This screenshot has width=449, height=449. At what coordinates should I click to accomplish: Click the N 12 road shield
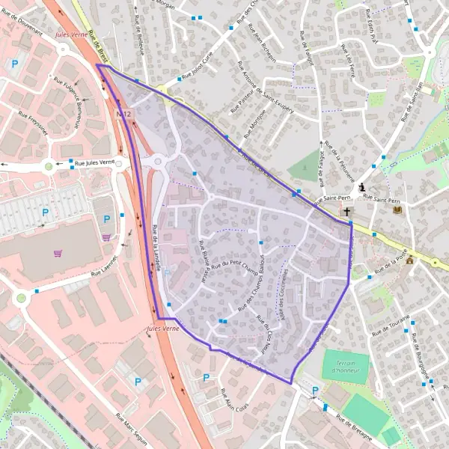[x=125, y=114]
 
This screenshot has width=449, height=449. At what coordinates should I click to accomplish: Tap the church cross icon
[x=346, y=212]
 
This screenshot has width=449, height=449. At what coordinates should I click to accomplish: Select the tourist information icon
[x=362, y=186]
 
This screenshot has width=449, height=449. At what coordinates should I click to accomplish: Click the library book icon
[x=397, y=211]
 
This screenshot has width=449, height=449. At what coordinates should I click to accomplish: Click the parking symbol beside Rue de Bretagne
[x=314, y=390]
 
